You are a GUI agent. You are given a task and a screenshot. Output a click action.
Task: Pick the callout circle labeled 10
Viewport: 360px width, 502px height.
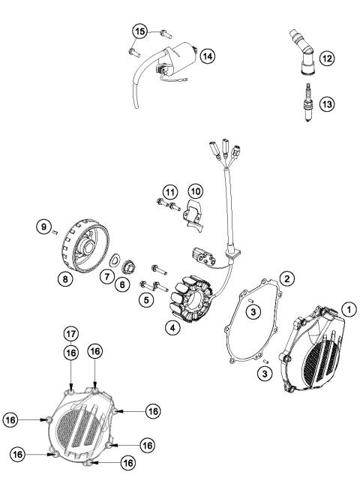coord(195,191)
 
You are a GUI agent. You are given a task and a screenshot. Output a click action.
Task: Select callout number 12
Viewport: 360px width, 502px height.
coord(325,57)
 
